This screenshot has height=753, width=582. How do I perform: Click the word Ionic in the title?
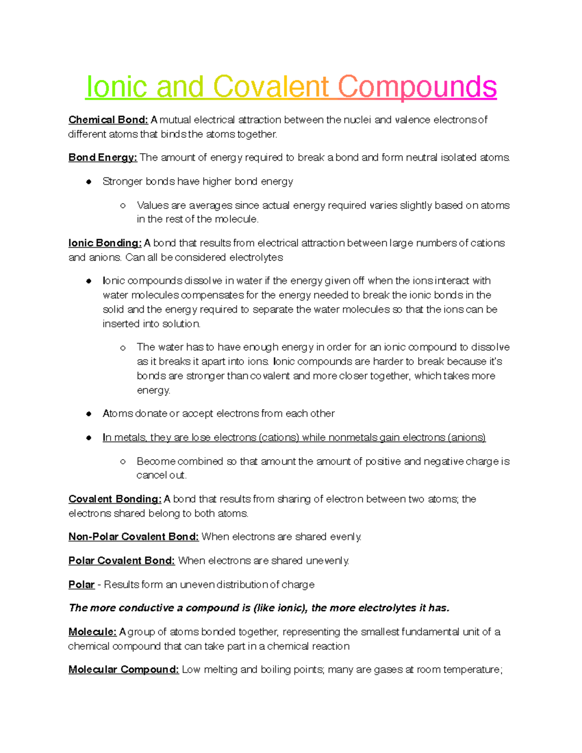point(117,87)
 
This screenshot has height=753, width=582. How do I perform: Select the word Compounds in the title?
point(417,87)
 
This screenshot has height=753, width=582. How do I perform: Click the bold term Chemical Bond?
point(108,120)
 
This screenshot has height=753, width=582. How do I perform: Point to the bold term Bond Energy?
point(103,158)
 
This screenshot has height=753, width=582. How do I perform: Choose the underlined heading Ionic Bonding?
point(105,243)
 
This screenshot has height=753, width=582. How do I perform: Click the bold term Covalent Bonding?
point(115,499)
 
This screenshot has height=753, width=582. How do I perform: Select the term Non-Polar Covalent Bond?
point(133,537)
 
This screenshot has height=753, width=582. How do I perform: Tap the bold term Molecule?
point(92,632)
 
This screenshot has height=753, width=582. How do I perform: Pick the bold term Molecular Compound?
point(124,670)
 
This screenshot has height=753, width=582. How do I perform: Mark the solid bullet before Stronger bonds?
point(89,182)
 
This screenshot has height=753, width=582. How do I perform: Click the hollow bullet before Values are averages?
point(123,206)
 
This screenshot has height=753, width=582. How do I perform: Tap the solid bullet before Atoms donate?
point(89,414)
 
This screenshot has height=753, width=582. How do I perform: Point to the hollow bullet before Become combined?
point(123,462)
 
